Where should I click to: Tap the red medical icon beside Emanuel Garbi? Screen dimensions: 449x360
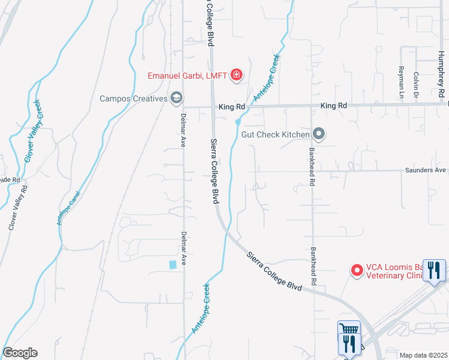point(237,74)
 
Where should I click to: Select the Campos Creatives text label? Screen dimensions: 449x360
point(133,98)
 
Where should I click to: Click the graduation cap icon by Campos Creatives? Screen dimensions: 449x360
point(176,97)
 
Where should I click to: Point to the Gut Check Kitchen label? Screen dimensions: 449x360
point(275,134)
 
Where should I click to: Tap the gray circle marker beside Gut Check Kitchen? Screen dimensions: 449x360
point(319,134)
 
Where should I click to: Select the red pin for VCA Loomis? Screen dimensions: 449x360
point(357,271)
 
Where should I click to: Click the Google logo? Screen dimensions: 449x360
point(20,352)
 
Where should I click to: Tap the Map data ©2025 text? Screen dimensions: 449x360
point(423,355)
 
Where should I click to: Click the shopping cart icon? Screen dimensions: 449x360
point(349,329)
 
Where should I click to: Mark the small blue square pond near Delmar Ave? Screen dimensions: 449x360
point(173,264)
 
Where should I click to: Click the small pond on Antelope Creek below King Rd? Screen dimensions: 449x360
point(238,122)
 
